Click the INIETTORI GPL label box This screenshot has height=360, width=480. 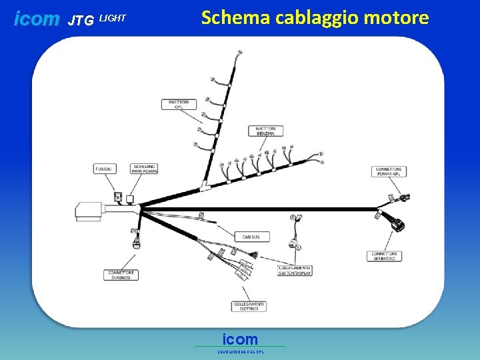tap(178, 104)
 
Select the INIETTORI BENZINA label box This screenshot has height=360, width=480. tap(265, 131)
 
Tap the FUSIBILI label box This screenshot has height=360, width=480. tap(105, 169)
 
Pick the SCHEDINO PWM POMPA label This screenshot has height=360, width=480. tap(145, 169)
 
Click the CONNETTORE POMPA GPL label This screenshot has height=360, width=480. tap(389, 171)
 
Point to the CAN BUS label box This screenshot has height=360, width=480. tap(251, 237)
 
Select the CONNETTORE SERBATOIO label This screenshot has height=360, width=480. tap(385, 256)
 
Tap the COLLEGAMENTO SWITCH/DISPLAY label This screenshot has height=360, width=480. tap(295, 271)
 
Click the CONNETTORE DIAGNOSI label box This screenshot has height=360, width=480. tap(121, 275)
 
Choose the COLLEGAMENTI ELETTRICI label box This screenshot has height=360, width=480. tap(249, 306)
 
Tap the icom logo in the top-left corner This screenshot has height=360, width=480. tap(37, 19)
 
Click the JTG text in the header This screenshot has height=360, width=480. tap(81, 21)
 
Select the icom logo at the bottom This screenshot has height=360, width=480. tap(240, 339)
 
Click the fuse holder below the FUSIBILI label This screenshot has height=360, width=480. tap(118, 197)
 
